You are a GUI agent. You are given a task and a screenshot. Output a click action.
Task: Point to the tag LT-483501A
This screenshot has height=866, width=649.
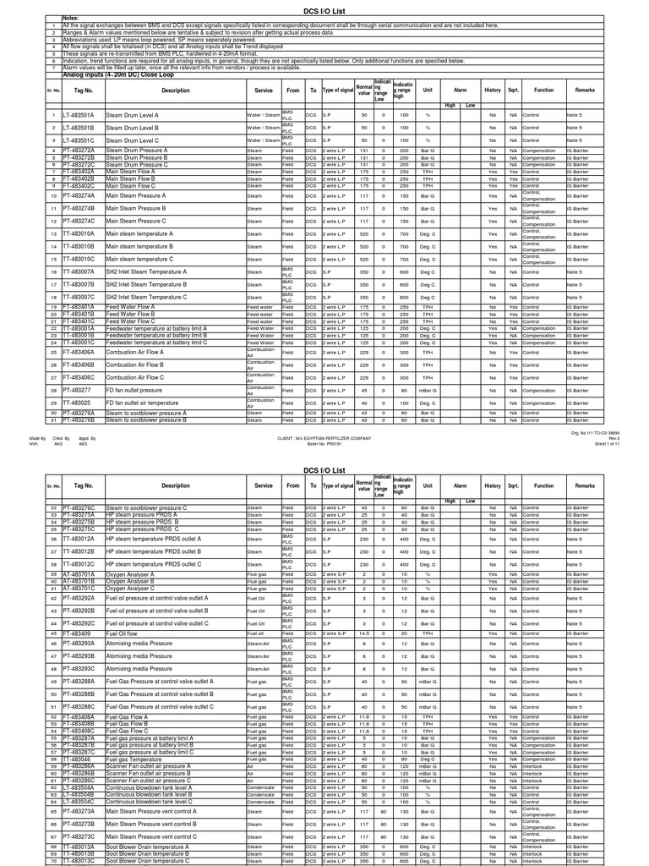point(81,114)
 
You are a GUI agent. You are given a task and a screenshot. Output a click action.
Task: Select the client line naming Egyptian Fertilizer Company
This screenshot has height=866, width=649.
point(324,439)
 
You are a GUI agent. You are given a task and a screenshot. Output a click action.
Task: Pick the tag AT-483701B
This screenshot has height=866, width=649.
point(79,581)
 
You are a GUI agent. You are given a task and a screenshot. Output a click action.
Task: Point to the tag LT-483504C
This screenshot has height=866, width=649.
point(79,801)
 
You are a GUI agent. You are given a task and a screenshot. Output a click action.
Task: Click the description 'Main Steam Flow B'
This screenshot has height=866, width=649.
point(131,178)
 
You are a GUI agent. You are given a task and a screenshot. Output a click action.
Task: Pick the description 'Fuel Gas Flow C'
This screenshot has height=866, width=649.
point(128,731)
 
